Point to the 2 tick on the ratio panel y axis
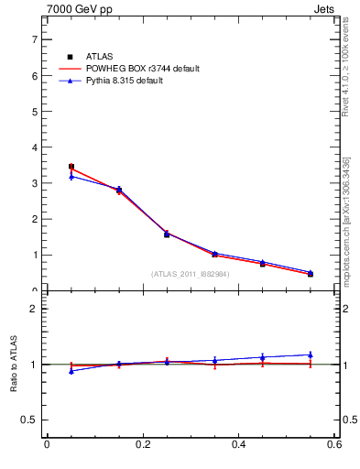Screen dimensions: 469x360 (34, 309)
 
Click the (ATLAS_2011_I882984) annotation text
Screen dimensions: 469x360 (190, 273)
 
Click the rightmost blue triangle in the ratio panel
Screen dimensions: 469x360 (311, 354)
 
